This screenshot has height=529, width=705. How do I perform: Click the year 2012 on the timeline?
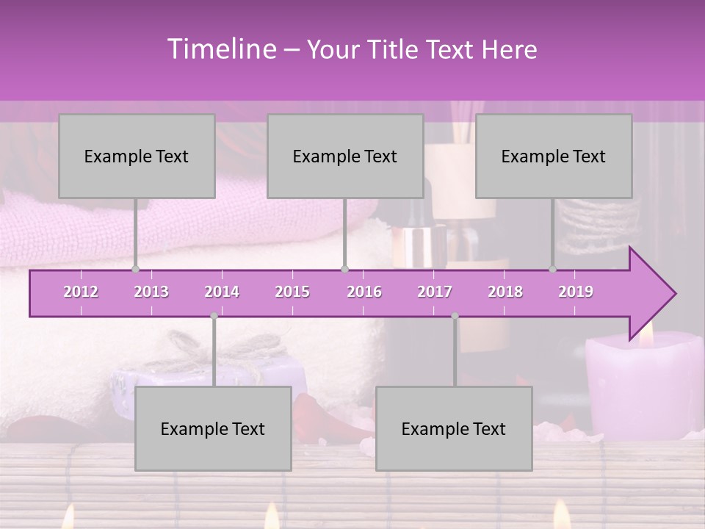click(81, 292)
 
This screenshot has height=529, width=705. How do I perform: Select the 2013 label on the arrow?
click(151, 292)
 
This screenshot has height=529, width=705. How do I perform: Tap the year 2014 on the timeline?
click(222, 292)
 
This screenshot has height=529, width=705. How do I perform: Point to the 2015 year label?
click(292, 292)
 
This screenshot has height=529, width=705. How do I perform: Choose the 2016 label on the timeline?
click(364, 292)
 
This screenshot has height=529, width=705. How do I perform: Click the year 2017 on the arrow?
click(435, 292)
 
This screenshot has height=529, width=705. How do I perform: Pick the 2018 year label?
click(505, 292)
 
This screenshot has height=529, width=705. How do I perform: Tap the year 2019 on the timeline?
click(576, 292)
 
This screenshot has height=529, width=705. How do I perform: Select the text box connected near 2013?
click(137, 156)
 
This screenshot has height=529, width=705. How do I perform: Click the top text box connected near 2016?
click(345, 156)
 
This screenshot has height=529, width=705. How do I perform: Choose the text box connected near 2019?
click(554, 156)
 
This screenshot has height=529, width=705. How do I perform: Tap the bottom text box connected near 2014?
click(213, 428)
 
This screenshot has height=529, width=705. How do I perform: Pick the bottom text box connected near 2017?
click(454, 428)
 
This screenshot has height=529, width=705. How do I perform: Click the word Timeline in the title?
click(220, 49)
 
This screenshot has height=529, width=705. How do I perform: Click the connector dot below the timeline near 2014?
click(214, 316)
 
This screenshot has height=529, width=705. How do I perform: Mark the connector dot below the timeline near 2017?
click(455, 316)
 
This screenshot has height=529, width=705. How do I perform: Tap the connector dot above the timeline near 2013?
click(135, 269)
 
